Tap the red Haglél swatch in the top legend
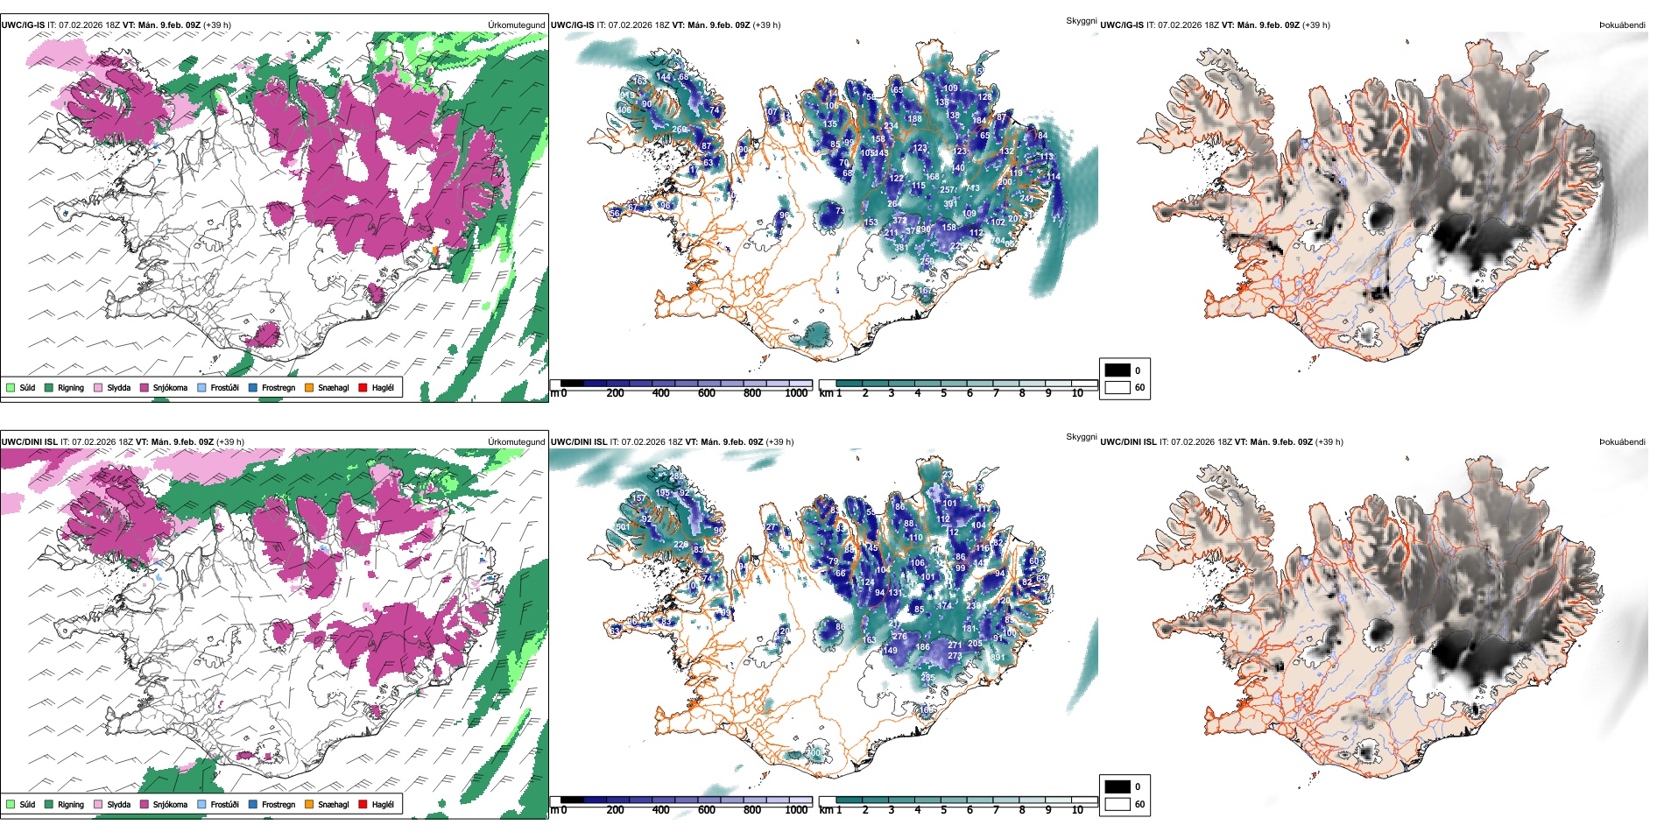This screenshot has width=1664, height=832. (x=363, y=388)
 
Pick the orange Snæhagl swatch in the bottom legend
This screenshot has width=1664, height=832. (x=309, y=805)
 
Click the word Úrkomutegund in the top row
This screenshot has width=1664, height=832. (x=516, y=25)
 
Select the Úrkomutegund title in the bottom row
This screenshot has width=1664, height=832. (x=516, y=442)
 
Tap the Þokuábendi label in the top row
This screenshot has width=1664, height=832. (x=1622, y=25)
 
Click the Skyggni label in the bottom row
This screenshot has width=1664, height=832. (x=1081, y=436)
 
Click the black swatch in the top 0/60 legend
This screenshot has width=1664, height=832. (x=1118, y=370)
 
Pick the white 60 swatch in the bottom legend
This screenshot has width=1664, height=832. (x=1118, y=804)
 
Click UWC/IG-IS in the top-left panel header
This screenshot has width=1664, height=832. (x=23, y=25)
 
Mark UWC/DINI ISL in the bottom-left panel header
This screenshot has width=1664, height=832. (x=29, y=442)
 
